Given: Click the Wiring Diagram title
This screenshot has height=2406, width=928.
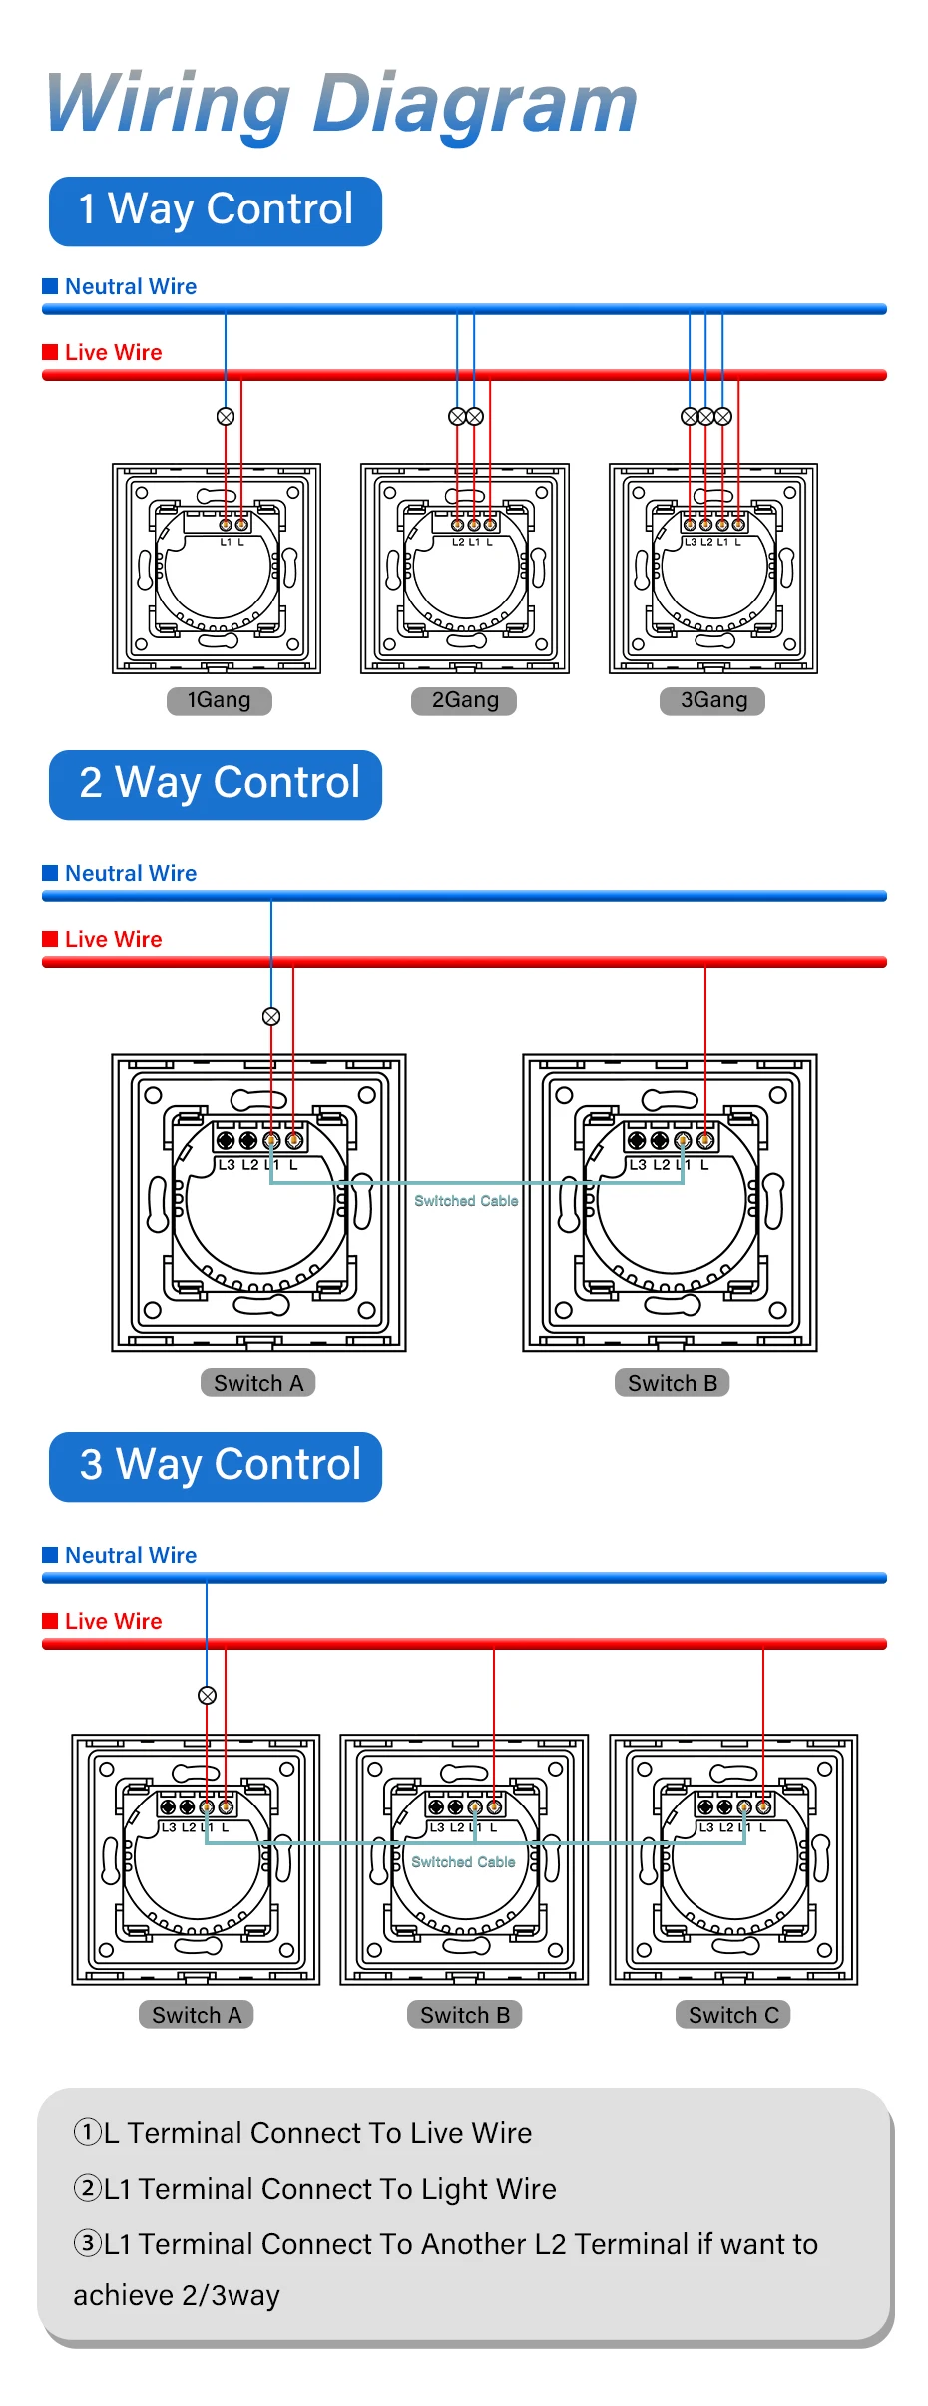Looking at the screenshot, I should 341,104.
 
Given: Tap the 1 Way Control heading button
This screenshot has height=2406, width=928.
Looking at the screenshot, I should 216,210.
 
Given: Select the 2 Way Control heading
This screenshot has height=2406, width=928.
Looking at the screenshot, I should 216,784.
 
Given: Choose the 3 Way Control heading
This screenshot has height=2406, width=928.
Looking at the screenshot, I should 216,1466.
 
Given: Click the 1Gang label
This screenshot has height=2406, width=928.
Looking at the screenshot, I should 219,700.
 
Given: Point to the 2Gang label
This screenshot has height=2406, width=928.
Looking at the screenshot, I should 464,700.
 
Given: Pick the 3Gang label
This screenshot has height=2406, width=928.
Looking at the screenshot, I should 712,700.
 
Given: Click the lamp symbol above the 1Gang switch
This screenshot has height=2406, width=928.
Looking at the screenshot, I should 226,416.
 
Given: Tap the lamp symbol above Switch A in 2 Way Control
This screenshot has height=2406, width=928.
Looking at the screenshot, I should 271,1016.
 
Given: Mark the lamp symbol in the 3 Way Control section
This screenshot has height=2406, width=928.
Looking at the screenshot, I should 208,1695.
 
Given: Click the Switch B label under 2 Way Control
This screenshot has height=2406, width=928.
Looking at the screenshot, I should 672,1383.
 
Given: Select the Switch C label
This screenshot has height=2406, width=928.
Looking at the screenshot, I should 733,2015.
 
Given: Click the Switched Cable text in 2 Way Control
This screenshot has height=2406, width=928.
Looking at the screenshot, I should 466,1201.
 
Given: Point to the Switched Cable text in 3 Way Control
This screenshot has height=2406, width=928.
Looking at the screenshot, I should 463,1862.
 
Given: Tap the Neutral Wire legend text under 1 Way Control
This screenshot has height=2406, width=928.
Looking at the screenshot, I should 131,287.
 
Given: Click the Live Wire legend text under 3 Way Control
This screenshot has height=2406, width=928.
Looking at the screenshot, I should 113,1622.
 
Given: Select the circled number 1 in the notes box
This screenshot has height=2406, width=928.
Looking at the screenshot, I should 88,2132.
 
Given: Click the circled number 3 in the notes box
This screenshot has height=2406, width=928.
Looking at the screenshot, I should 88,2243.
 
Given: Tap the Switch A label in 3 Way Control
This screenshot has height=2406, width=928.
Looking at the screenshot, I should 197,2015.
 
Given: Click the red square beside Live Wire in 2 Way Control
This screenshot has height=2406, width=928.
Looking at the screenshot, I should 50,939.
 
